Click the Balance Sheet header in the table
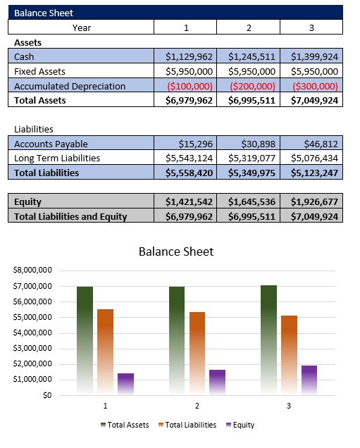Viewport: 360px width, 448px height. coord(44,13)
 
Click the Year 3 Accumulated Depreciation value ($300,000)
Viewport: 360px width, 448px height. coord(311,86)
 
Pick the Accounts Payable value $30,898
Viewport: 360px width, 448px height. coord(248,144)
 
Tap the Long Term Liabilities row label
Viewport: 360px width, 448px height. coord(57,158)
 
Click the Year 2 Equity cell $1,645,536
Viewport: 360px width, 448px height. coord(248,202)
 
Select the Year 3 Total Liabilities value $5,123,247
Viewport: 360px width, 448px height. coord(311,172)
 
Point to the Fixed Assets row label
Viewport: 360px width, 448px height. coord(41,71)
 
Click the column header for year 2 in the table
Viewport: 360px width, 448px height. coord(248,27)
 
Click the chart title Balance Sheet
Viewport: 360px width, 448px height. coord(175,251)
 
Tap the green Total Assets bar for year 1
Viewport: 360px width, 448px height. coord(85,338)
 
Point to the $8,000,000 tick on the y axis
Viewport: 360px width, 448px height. coord(33,270)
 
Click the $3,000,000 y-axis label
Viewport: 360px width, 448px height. coord(33,348)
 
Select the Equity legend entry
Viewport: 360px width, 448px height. coord(240,425)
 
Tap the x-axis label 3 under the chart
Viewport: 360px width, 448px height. coord(288,406)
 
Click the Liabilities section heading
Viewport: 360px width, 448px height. coord(35,130)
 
